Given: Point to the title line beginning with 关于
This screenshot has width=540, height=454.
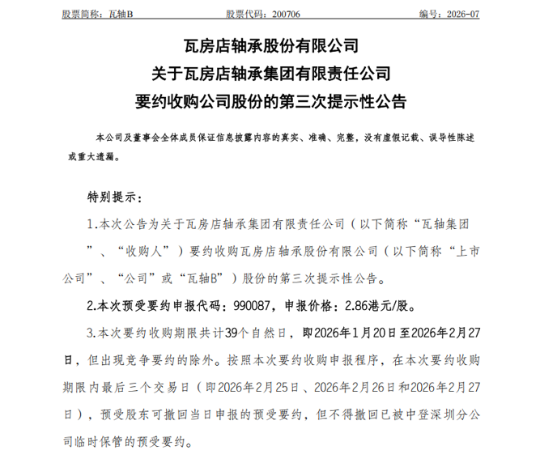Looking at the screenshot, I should coord(270,74).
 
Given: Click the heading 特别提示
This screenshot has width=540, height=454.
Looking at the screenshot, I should coord(112,197).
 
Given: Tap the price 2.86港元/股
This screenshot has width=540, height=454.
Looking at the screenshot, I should coord(367,307).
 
